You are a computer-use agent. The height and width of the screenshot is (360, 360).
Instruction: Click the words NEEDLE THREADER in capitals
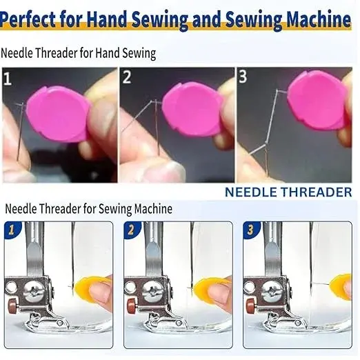click(288, 192)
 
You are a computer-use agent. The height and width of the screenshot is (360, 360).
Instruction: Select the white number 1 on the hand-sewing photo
click(8, 79)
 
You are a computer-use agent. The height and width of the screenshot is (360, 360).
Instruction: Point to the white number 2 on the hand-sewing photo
click(127, 77)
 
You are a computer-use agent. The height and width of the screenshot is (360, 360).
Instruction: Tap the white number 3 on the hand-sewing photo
click(243, 76)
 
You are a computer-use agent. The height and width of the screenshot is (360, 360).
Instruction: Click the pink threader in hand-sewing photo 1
click(58, 114)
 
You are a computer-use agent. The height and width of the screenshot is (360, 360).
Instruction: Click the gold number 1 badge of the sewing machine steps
click(12, 230)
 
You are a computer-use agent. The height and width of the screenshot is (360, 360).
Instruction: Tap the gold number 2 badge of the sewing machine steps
click(131, 230)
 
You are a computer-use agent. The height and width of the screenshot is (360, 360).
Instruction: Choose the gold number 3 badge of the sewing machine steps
click(250, 230)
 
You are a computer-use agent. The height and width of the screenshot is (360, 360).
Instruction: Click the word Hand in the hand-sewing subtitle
click(108, 53)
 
